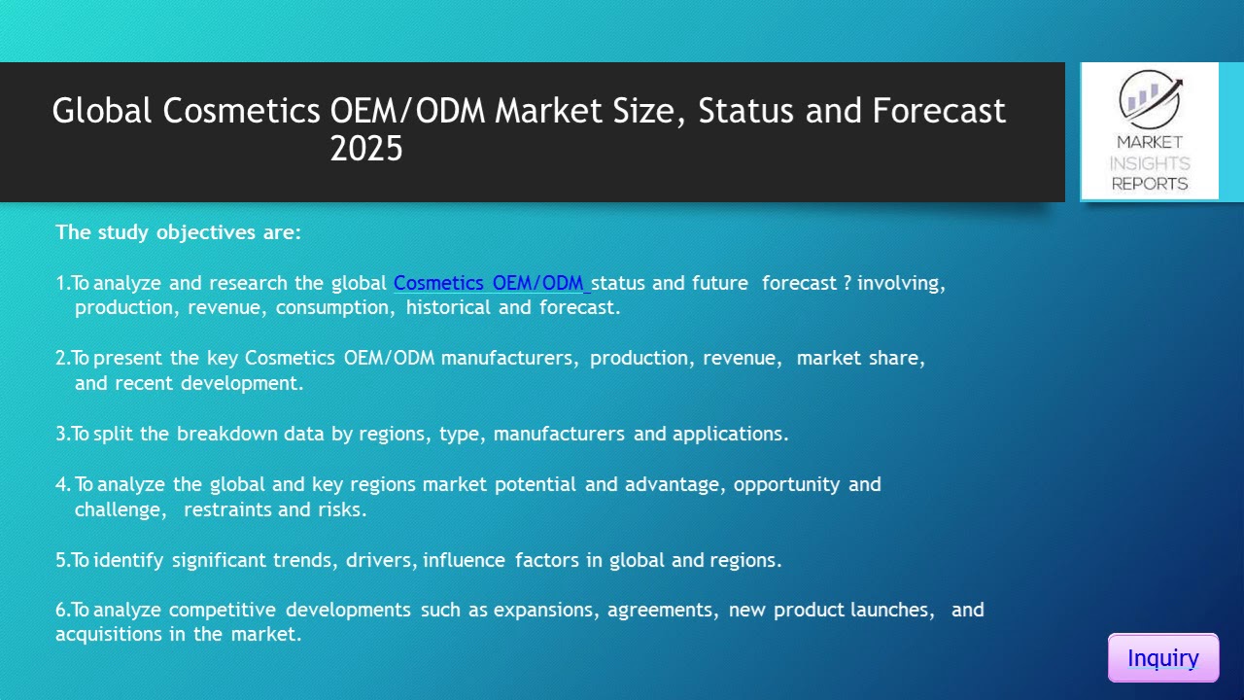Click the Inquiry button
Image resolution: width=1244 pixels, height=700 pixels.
pyautogui.click(x=1162, y=658)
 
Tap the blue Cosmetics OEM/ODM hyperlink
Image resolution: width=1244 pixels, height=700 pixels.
pyautogui.click(x=490, y=283)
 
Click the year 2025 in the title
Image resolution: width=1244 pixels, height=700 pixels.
pyautogui.click(x=365, y=149)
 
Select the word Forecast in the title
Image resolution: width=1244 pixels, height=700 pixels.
pyautogui.click(x=939, y=111)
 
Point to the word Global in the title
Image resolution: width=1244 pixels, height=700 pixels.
pyautogui.click(x=102, y=111)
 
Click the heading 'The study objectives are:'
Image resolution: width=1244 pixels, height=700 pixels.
pyautogui.click(x=179, y=232)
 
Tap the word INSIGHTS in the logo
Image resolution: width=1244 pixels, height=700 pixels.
pyautogui.click(x=1150, y=163)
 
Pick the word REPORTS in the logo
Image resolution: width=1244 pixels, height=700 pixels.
pyautogui.click(x=1150, y=183)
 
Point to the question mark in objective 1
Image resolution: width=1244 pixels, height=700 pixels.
pyautogui.click(x=847, y=283)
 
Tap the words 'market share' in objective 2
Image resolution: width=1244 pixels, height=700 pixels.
pyautogui.click(x=861, y=358)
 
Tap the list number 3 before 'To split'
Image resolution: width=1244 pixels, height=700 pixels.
pyautogui.click(x=61, y=434)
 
